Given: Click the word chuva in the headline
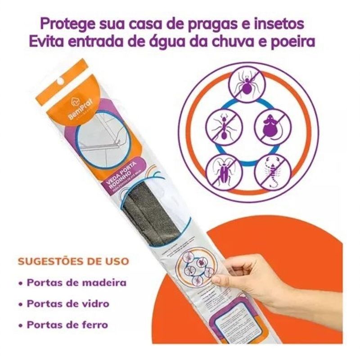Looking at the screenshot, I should point(235,41).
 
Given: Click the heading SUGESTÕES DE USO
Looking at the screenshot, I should point(74,261).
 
